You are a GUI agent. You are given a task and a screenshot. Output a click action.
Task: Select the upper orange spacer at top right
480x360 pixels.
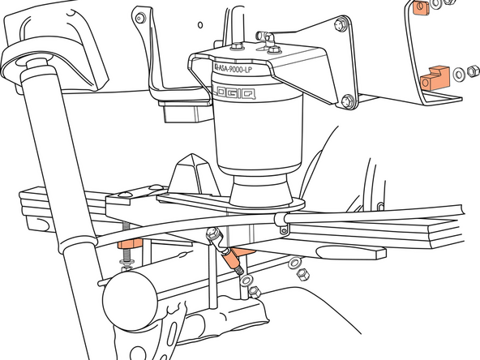tap(420, 8)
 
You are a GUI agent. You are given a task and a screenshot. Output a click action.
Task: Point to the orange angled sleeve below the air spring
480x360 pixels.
tap(236, 260)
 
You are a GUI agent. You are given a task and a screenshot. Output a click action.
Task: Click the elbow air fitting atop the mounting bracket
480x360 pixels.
tap(267, 36)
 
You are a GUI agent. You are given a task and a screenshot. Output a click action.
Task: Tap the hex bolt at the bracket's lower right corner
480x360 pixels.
tap(347, 101)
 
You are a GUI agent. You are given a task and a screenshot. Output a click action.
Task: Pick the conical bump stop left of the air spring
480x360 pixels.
tap(190, 172)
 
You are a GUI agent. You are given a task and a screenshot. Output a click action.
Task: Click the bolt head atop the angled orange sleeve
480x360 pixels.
tap(212, 235)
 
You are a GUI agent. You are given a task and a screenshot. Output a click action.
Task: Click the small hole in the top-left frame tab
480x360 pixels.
tap(139, 17)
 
